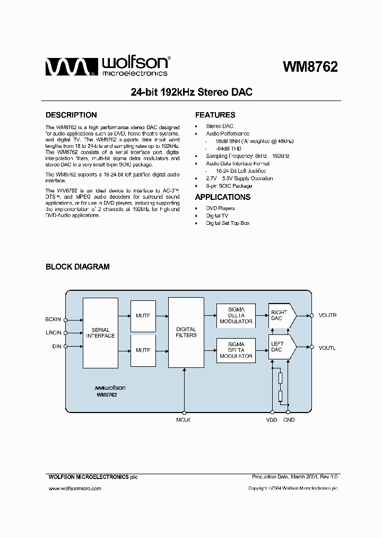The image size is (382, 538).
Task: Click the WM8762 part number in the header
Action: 310,67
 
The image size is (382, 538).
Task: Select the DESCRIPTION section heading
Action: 71,115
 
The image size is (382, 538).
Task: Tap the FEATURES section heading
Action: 215,115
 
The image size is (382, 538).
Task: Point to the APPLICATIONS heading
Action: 223,197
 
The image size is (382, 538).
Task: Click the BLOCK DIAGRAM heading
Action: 77,267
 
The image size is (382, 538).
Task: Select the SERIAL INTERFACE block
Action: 100,333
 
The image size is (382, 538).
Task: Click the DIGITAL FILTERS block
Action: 186,332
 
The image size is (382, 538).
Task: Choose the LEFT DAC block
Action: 279,347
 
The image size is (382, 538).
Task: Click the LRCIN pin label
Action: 54,333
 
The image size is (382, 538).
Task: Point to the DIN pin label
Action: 57,347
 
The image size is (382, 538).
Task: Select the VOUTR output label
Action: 327,316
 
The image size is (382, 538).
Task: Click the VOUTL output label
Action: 327,348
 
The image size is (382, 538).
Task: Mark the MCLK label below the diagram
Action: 183,420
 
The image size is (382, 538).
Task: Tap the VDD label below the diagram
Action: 272,420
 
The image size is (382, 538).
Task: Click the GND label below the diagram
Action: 289,420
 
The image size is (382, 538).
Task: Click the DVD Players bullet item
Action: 220,208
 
